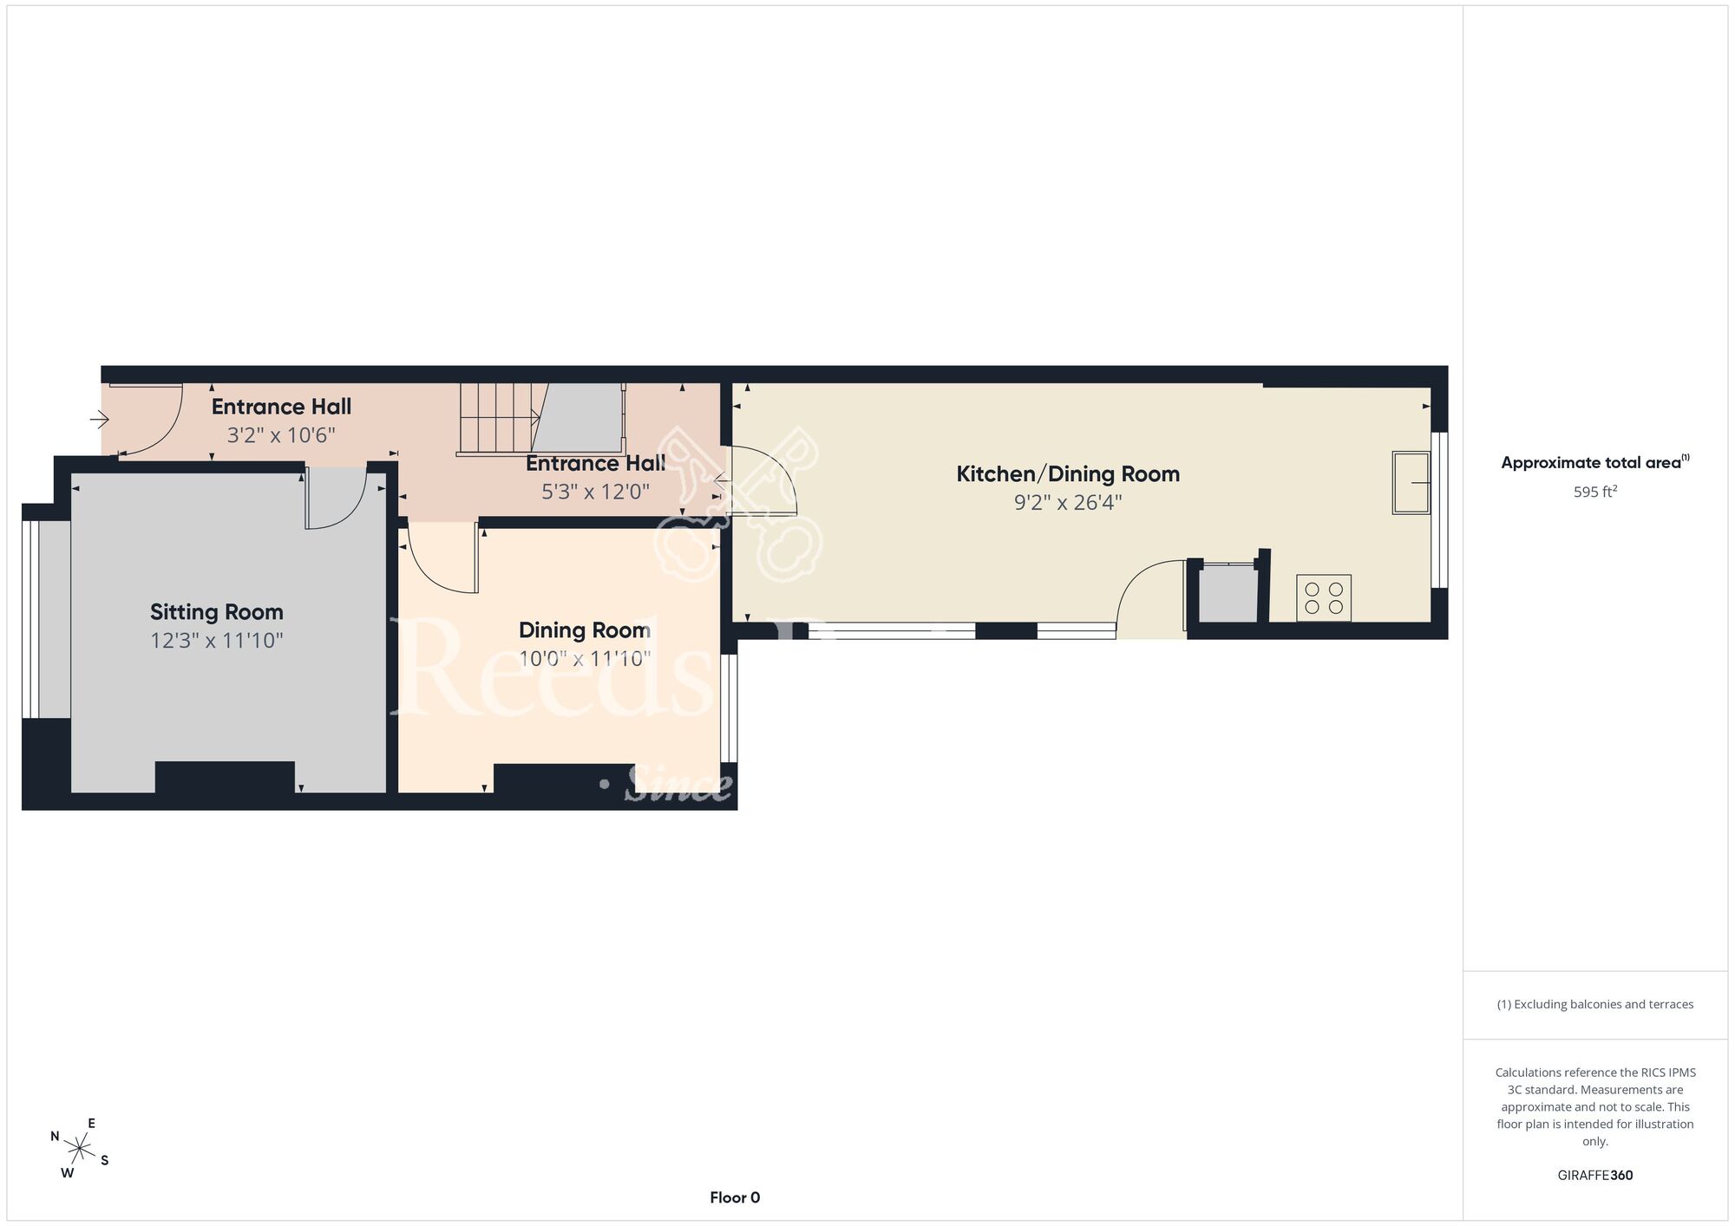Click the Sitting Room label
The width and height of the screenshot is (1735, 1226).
[217, 612]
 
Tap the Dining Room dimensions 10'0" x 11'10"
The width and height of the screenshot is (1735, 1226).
[585, 659]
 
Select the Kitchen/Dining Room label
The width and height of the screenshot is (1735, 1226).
[1068, 474]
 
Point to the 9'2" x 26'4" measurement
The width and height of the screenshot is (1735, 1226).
[1068, 503]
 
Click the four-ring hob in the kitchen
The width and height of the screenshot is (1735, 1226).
[1324, 598]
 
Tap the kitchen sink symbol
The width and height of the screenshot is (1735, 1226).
[1411, 482]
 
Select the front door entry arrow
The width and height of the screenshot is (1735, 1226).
[99, 421]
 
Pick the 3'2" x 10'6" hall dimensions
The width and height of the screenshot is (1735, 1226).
[281, 435]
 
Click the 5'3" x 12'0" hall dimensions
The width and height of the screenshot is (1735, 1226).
[595, 492]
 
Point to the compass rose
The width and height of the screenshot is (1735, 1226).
[79, 1150]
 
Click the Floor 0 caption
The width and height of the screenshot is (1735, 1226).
[735, 1197]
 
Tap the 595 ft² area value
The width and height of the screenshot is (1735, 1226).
[1595, 492]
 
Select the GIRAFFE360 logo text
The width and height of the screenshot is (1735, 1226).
[1595, 1176]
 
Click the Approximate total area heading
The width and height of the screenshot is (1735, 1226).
[1595, 462]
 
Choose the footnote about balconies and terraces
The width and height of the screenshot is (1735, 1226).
[1595, 1004]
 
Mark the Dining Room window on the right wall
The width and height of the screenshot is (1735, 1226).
[729, 708]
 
